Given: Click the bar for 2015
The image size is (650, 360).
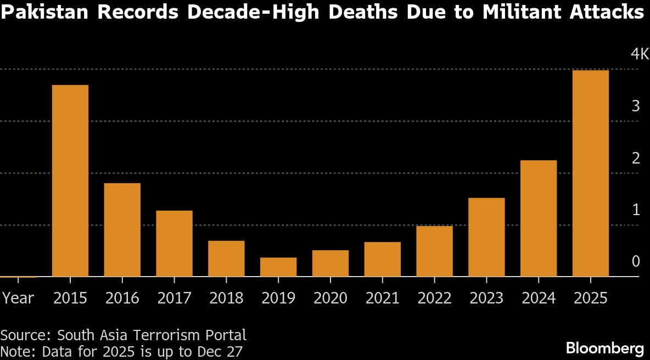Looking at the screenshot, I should click(70, 181).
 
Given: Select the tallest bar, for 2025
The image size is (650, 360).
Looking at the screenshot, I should click(590, 173).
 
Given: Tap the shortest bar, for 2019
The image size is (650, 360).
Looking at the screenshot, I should click(278, 267).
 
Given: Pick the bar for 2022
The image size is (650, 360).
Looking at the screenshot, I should click(434, 251).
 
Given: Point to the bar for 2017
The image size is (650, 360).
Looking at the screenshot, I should click(174, 244).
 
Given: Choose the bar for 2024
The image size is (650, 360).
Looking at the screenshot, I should click(538, 218).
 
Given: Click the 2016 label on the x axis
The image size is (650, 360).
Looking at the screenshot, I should click(122, 298).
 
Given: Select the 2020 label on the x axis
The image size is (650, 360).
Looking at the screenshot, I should click(330, 298).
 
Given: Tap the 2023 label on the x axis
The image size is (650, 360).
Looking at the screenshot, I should click(486, 298).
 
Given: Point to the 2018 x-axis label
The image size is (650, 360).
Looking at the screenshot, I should click(226, 298).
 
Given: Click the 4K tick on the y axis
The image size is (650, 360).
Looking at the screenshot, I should click(640, 54).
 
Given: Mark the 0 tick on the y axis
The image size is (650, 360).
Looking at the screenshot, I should click(636, 261).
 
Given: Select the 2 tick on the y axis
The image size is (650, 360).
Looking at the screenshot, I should click(636, 158).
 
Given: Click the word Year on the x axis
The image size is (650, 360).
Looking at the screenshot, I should click(18, 298).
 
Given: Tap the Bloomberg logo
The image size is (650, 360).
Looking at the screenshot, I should click(605, 348).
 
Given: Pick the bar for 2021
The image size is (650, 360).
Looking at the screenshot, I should click(382, 259).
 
